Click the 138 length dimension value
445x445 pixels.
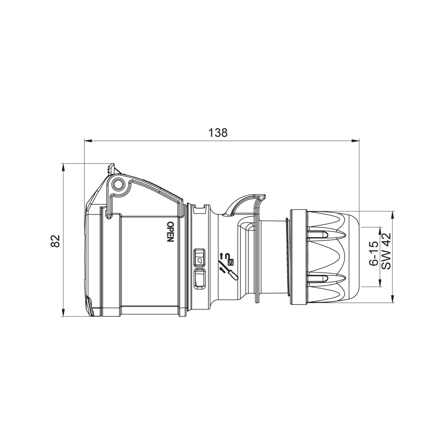tap(218, 133)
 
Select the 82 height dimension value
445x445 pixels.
tap(56, 241)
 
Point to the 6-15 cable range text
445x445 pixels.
tap(374, 253)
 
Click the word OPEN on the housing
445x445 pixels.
tap(170, 232)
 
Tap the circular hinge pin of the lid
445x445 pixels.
tap(118, 185)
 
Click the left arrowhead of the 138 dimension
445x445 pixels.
tap(89, 140)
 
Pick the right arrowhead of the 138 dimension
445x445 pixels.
tap(355, 140)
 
